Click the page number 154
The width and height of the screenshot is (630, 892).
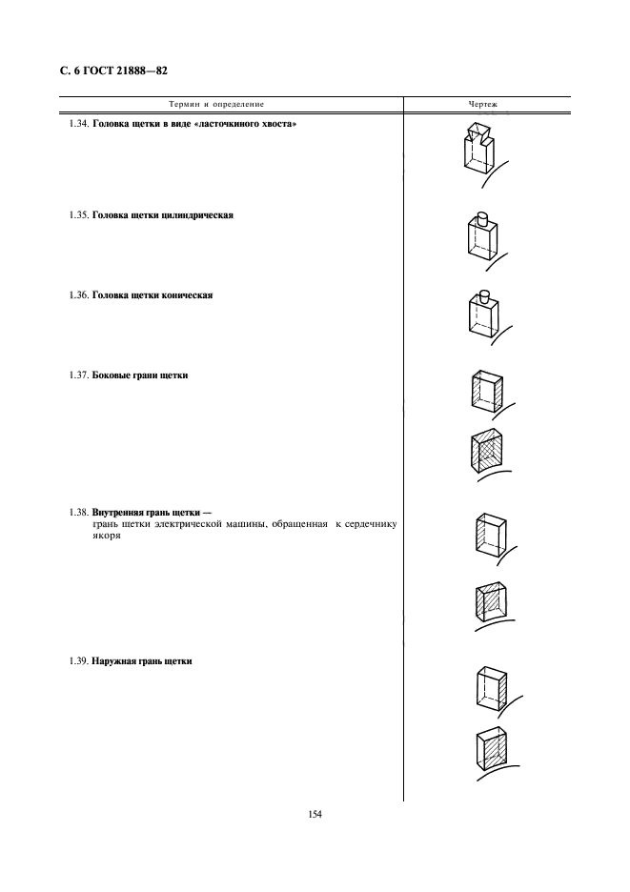pyautogui.click(x=315, y=814)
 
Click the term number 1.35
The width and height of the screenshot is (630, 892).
pyautogui.click(x=79, y=215)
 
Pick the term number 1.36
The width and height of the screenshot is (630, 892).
pyautogui.click(x=79, y=295)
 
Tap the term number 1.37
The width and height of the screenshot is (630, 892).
pyautogui.click(x=79, y=376)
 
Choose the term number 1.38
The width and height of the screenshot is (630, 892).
pyautogui.click(x=79, y=513)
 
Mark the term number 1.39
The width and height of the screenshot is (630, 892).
pyautogui.click(x=79, y=661)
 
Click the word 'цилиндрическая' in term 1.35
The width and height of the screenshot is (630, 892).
pyautogui.click(x=195, y=215)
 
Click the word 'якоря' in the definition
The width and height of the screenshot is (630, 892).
pyautogui.click(x=107, y=535)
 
